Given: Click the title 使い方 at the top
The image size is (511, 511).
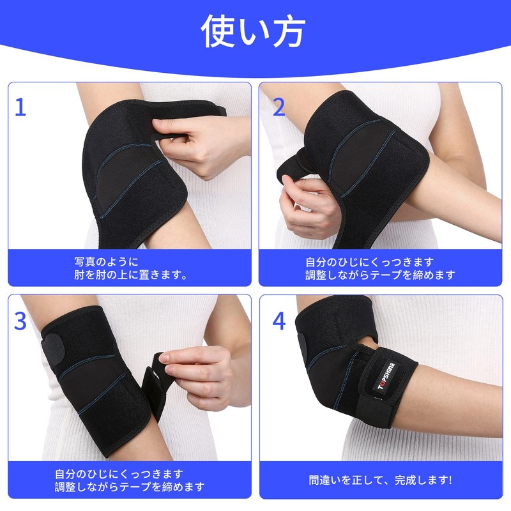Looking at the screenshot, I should pos(254,31).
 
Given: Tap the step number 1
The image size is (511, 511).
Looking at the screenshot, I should pos(20,107).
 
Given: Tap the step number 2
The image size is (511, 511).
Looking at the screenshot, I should pos(278,107).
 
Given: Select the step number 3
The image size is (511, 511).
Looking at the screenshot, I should pos(20,321).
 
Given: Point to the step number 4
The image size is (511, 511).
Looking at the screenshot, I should pos(279,321).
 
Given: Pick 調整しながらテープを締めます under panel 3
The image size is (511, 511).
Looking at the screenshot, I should pos(130,487).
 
